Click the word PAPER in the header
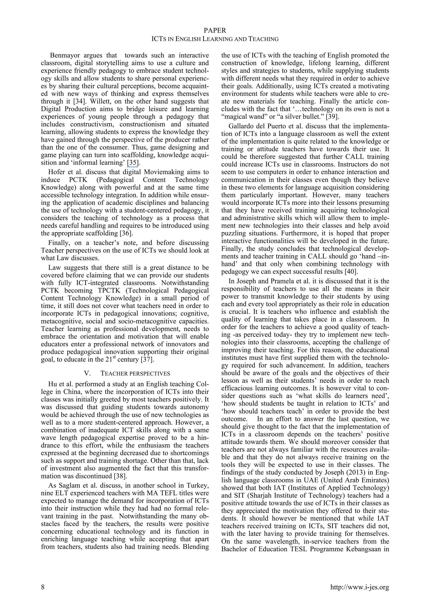pos(215,31)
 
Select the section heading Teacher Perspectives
pos(135,373)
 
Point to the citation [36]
pos(126,233)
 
